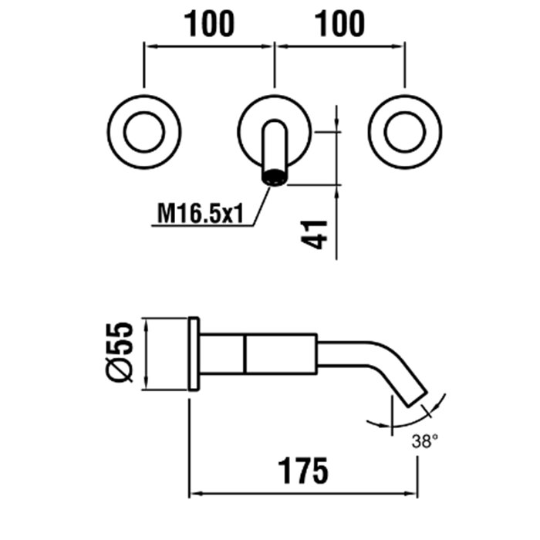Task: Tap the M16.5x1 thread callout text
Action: (x=200, y=212)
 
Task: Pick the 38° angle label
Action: (x=426, y=443)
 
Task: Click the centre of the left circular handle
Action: (x=144, y=130)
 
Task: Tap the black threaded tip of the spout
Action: (x=275, y=178)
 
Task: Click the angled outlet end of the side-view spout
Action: (x=414, y=393)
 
